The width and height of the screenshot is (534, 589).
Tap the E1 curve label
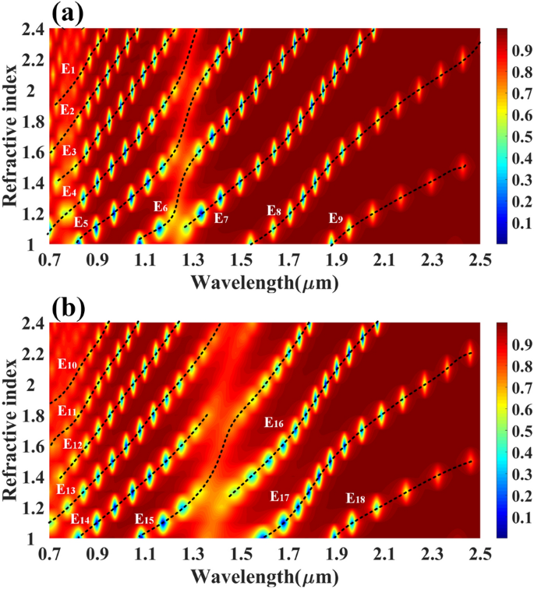[68, 69]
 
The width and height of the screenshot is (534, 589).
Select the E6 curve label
[161, 207]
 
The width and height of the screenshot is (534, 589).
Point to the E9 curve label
[336, 219]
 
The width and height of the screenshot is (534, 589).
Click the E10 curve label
[67, 364]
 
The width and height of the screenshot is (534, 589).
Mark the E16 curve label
[274, 423]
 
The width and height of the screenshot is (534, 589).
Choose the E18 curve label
[355, 497]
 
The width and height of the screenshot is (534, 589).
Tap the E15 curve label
[143, 519]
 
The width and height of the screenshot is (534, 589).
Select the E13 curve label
[66, 489]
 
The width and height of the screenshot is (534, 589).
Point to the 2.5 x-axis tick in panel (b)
[479, 554]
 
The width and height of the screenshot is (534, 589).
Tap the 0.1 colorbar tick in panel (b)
[515, 517]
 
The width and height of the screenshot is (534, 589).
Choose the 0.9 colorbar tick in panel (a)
[515, 51]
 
